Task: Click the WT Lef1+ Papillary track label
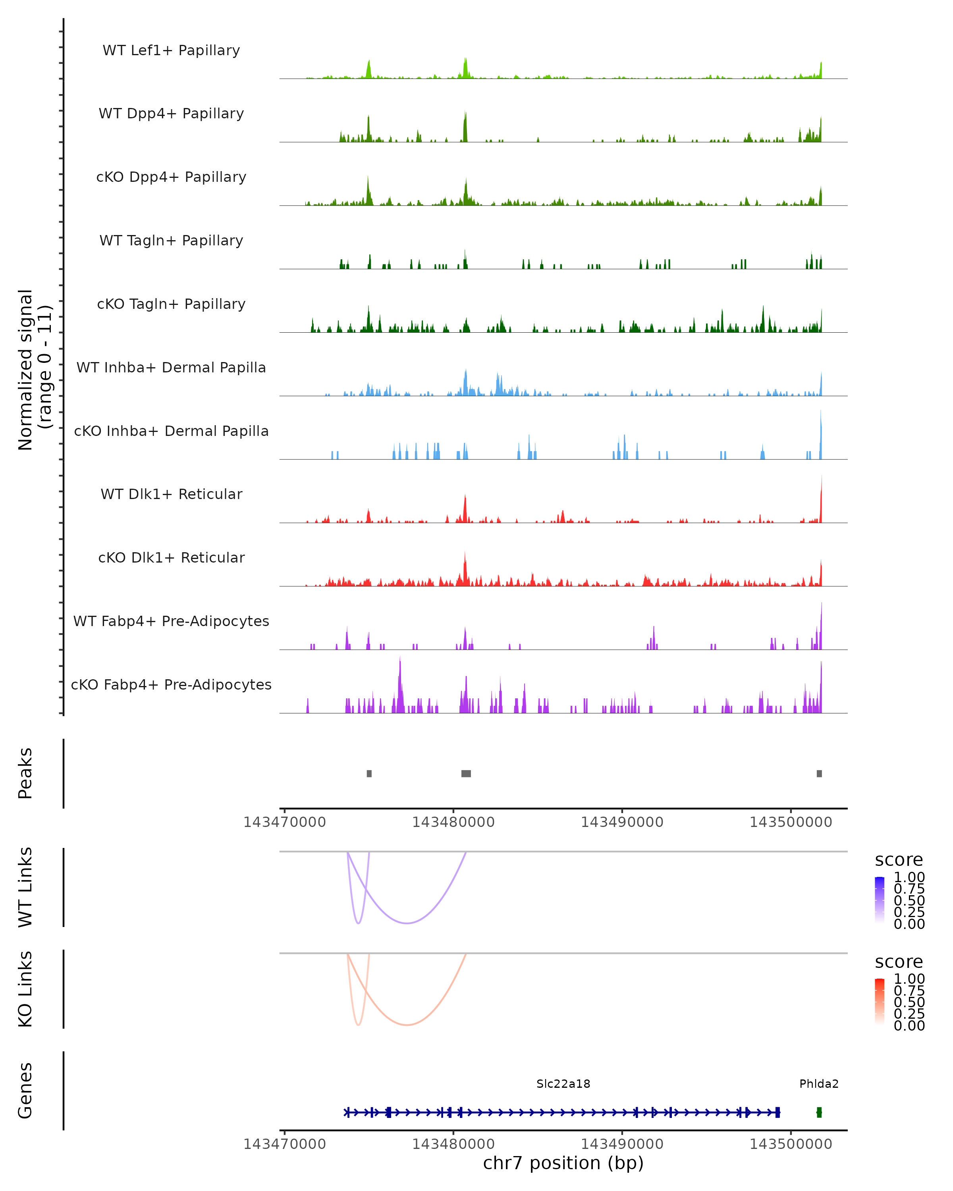pos(171,50)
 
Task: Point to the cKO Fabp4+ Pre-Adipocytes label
pos(171,684)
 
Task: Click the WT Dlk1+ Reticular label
pos(171,494)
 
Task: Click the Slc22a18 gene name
pos(563,1084)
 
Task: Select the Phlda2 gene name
pos(819,1084)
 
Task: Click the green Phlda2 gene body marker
pos(819,1112)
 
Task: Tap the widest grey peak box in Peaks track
pos(466,773)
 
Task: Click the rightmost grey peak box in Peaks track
pos(819,773)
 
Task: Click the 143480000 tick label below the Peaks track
pos(453,822)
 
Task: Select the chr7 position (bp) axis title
pos(563,1163)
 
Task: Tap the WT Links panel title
pos(25,887)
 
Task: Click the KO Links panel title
pos(25,989)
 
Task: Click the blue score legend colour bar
pos(880,900)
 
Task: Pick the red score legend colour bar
pos(880,1002)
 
